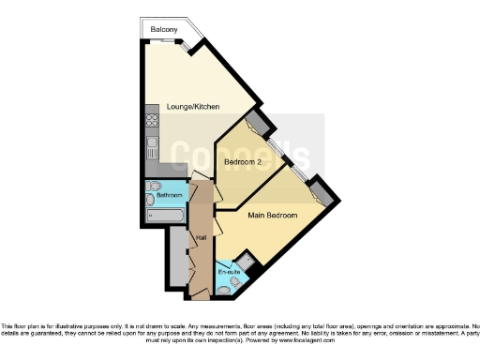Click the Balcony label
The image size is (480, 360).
tap(164, 31)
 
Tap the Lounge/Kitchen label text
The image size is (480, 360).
tap(193, 107)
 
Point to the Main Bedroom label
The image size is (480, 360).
tap(272, 216)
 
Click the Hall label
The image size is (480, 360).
tap(201, 237)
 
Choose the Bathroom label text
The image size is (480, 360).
tap(170, 195)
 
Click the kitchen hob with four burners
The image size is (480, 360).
tap(151, 120)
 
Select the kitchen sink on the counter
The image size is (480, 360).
tap(151, 147)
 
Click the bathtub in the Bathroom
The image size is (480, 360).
tap(165, 216)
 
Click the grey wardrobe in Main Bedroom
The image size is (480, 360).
tap(320, 192)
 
